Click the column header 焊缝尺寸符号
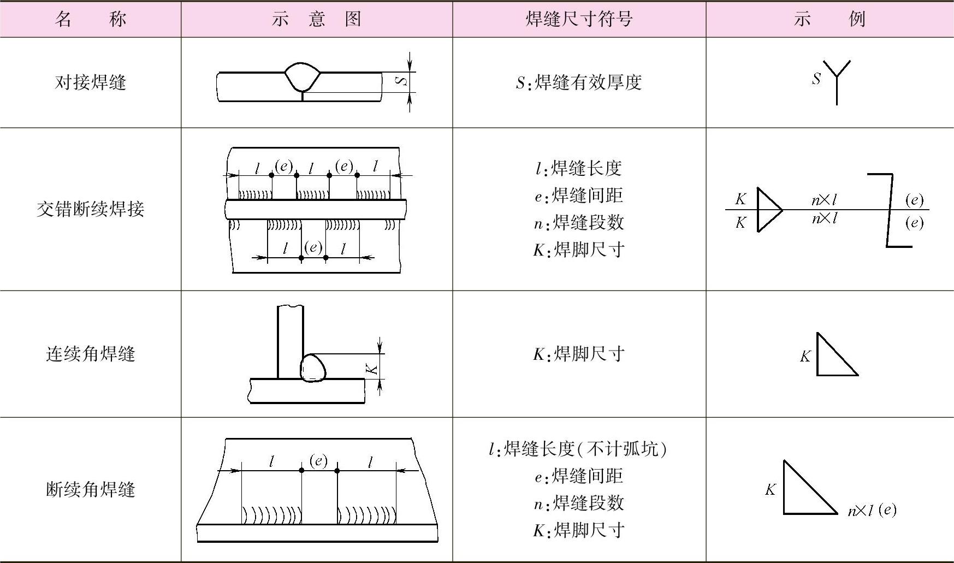point(579,19)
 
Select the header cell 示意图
point(316,19)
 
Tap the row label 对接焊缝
point(90,82)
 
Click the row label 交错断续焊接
point(90,209)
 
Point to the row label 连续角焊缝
point(90,354)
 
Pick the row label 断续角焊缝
point(90,489)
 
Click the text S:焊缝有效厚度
point(579,82)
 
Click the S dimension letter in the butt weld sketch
point(402,81)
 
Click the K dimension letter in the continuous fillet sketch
point(372,369)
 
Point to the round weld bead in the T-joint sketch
point(312,368)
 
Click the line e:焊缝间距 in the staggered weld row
point(579,195)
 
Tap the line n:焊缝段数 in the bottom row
point(579,503)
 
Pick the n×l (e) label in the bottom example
point(872,511)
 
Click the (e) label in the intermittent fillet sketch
point(318,461)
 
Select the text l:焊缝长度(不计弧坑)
point(579,449)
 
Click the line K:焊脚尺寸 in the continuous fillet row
point(579,354)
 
